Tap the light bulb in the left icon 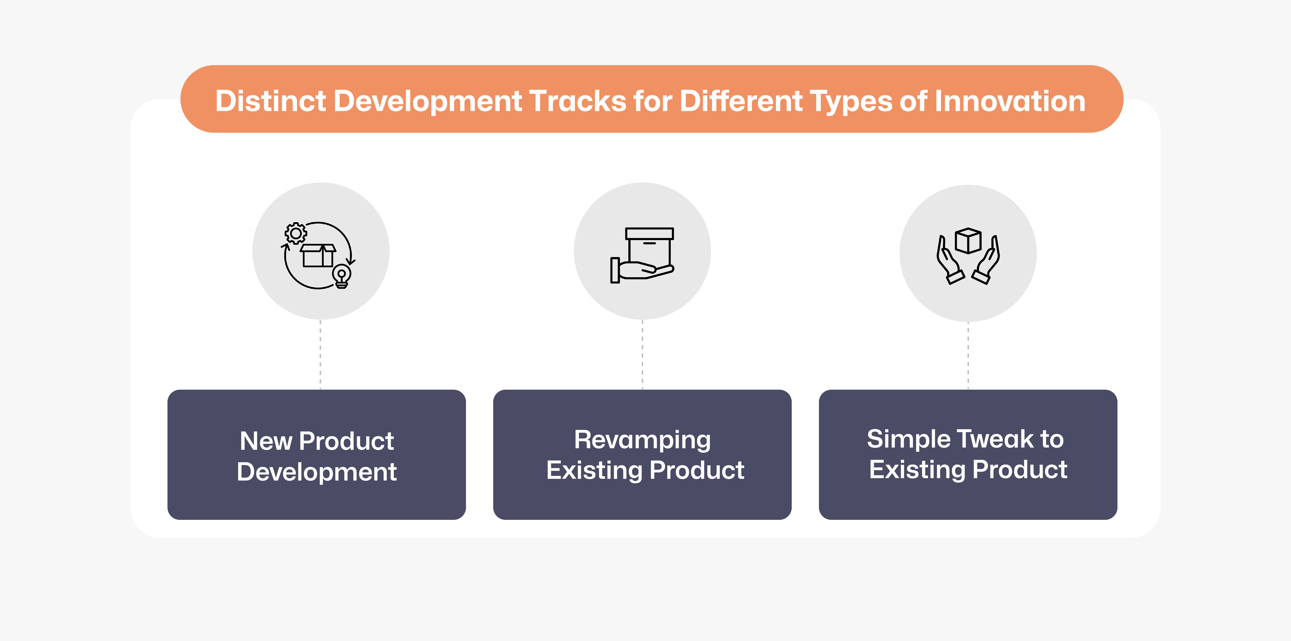point(342,276)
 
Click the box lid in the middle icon point(650,234)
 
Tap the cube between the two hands point(968,241)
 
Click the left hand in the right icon point(949,261)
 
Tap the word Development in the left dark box point(317,472)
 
